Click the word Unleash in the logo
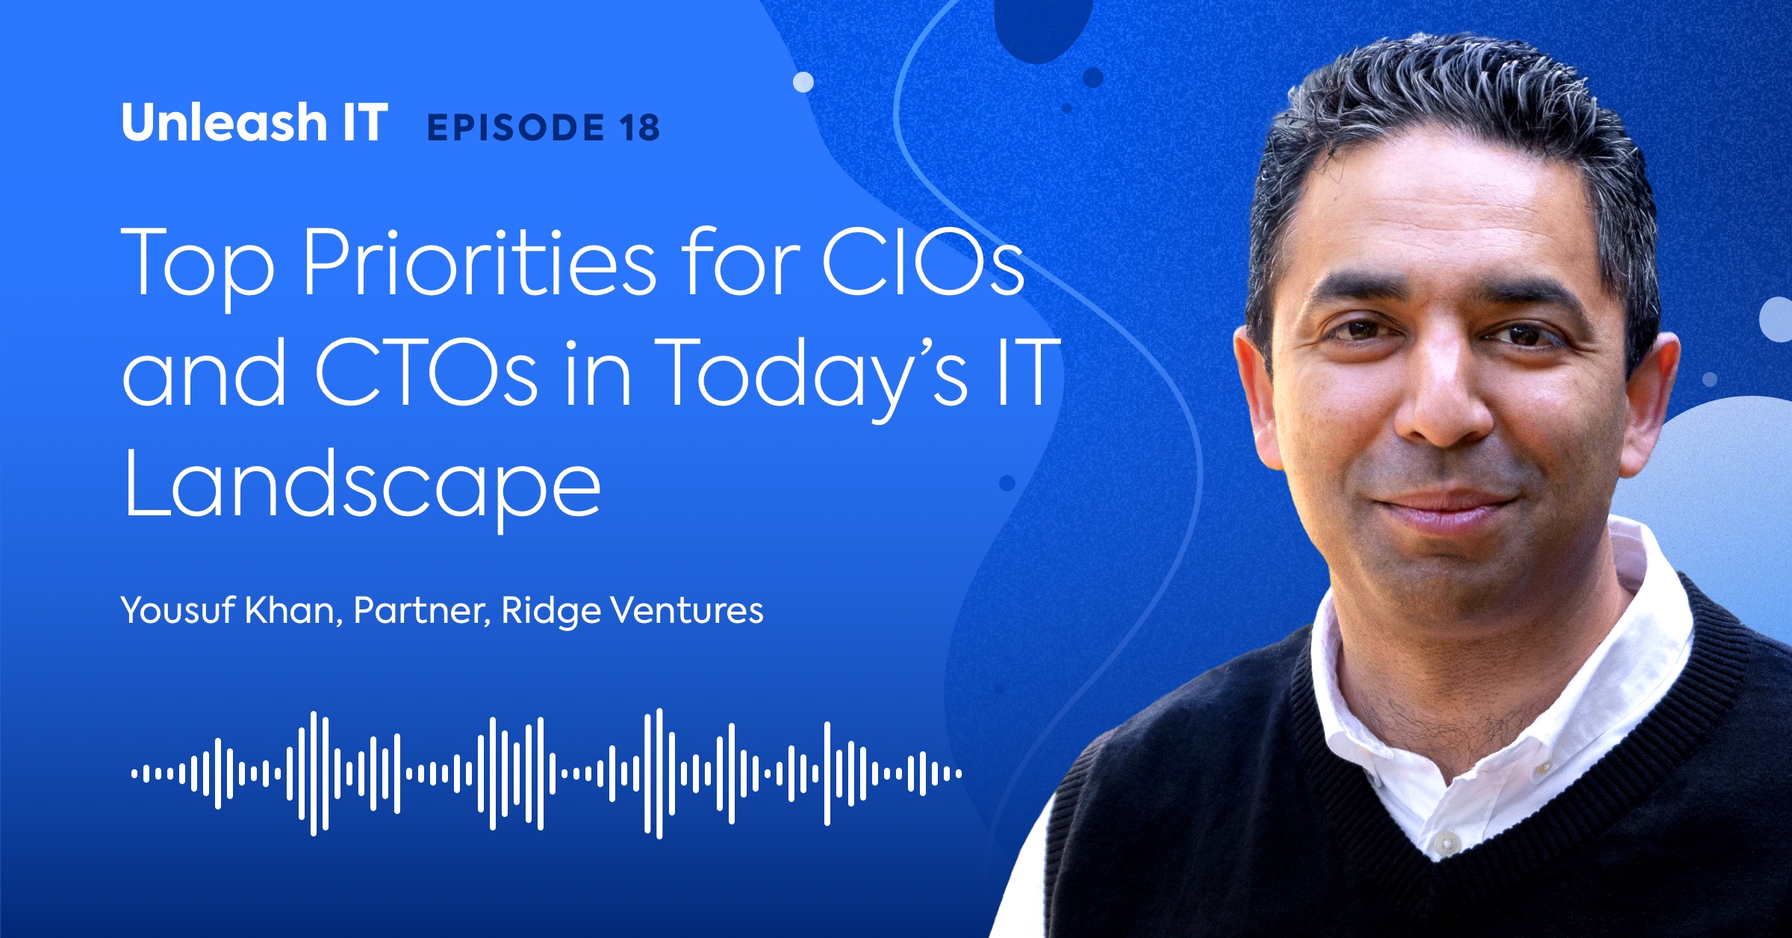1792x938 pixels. point(224,122)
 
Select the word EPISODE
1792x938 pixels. point(515,128)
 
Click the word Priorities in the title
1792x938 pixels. point(479,263)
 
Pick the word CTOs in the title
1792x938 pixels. point(426,372)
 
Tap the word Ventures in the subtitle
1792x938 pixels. point(687,611)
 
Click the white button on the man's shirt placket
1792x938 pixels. point(1447,842)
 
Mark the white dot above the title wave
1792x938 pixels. point(803,82)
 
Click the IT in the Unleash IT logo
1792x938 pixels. point(365,122)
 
